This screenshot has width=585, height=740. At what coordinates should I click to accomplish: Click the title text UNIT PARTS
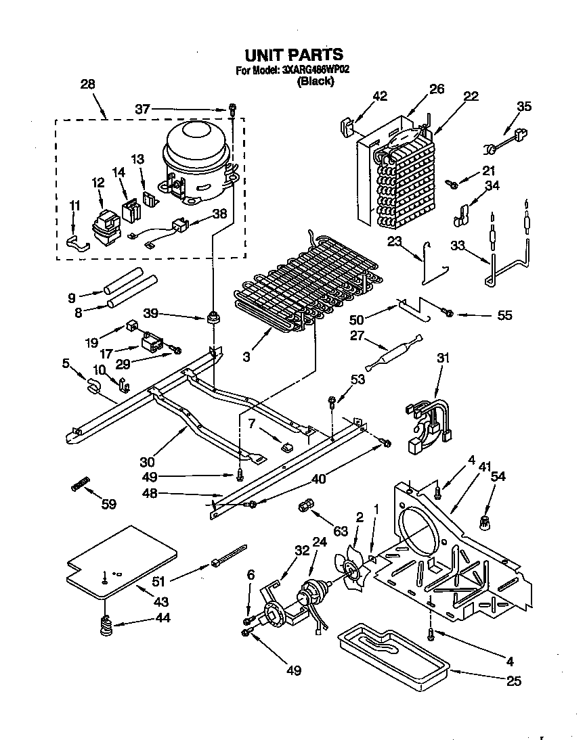pos(293,55)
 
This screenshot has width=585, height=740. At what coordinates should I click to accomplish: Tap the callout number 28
pos(87,85)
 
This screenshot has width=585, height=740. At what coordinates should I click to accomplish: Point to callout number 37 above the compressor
pos(142,109)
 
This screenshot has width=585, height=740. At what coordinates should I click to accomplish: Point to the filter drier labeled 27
pos(393,351)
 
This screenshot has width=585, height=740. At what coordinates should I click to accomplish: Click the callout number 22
pos(471,96)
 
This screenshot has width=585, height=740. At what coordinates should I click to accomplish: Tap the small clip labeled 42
pos(345,127)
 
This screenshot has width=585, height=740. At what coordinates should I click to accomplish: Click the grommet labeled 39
pos(215,317)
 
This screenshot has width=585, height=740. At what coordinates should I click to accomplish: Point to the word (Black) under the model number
pos(316,81)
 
